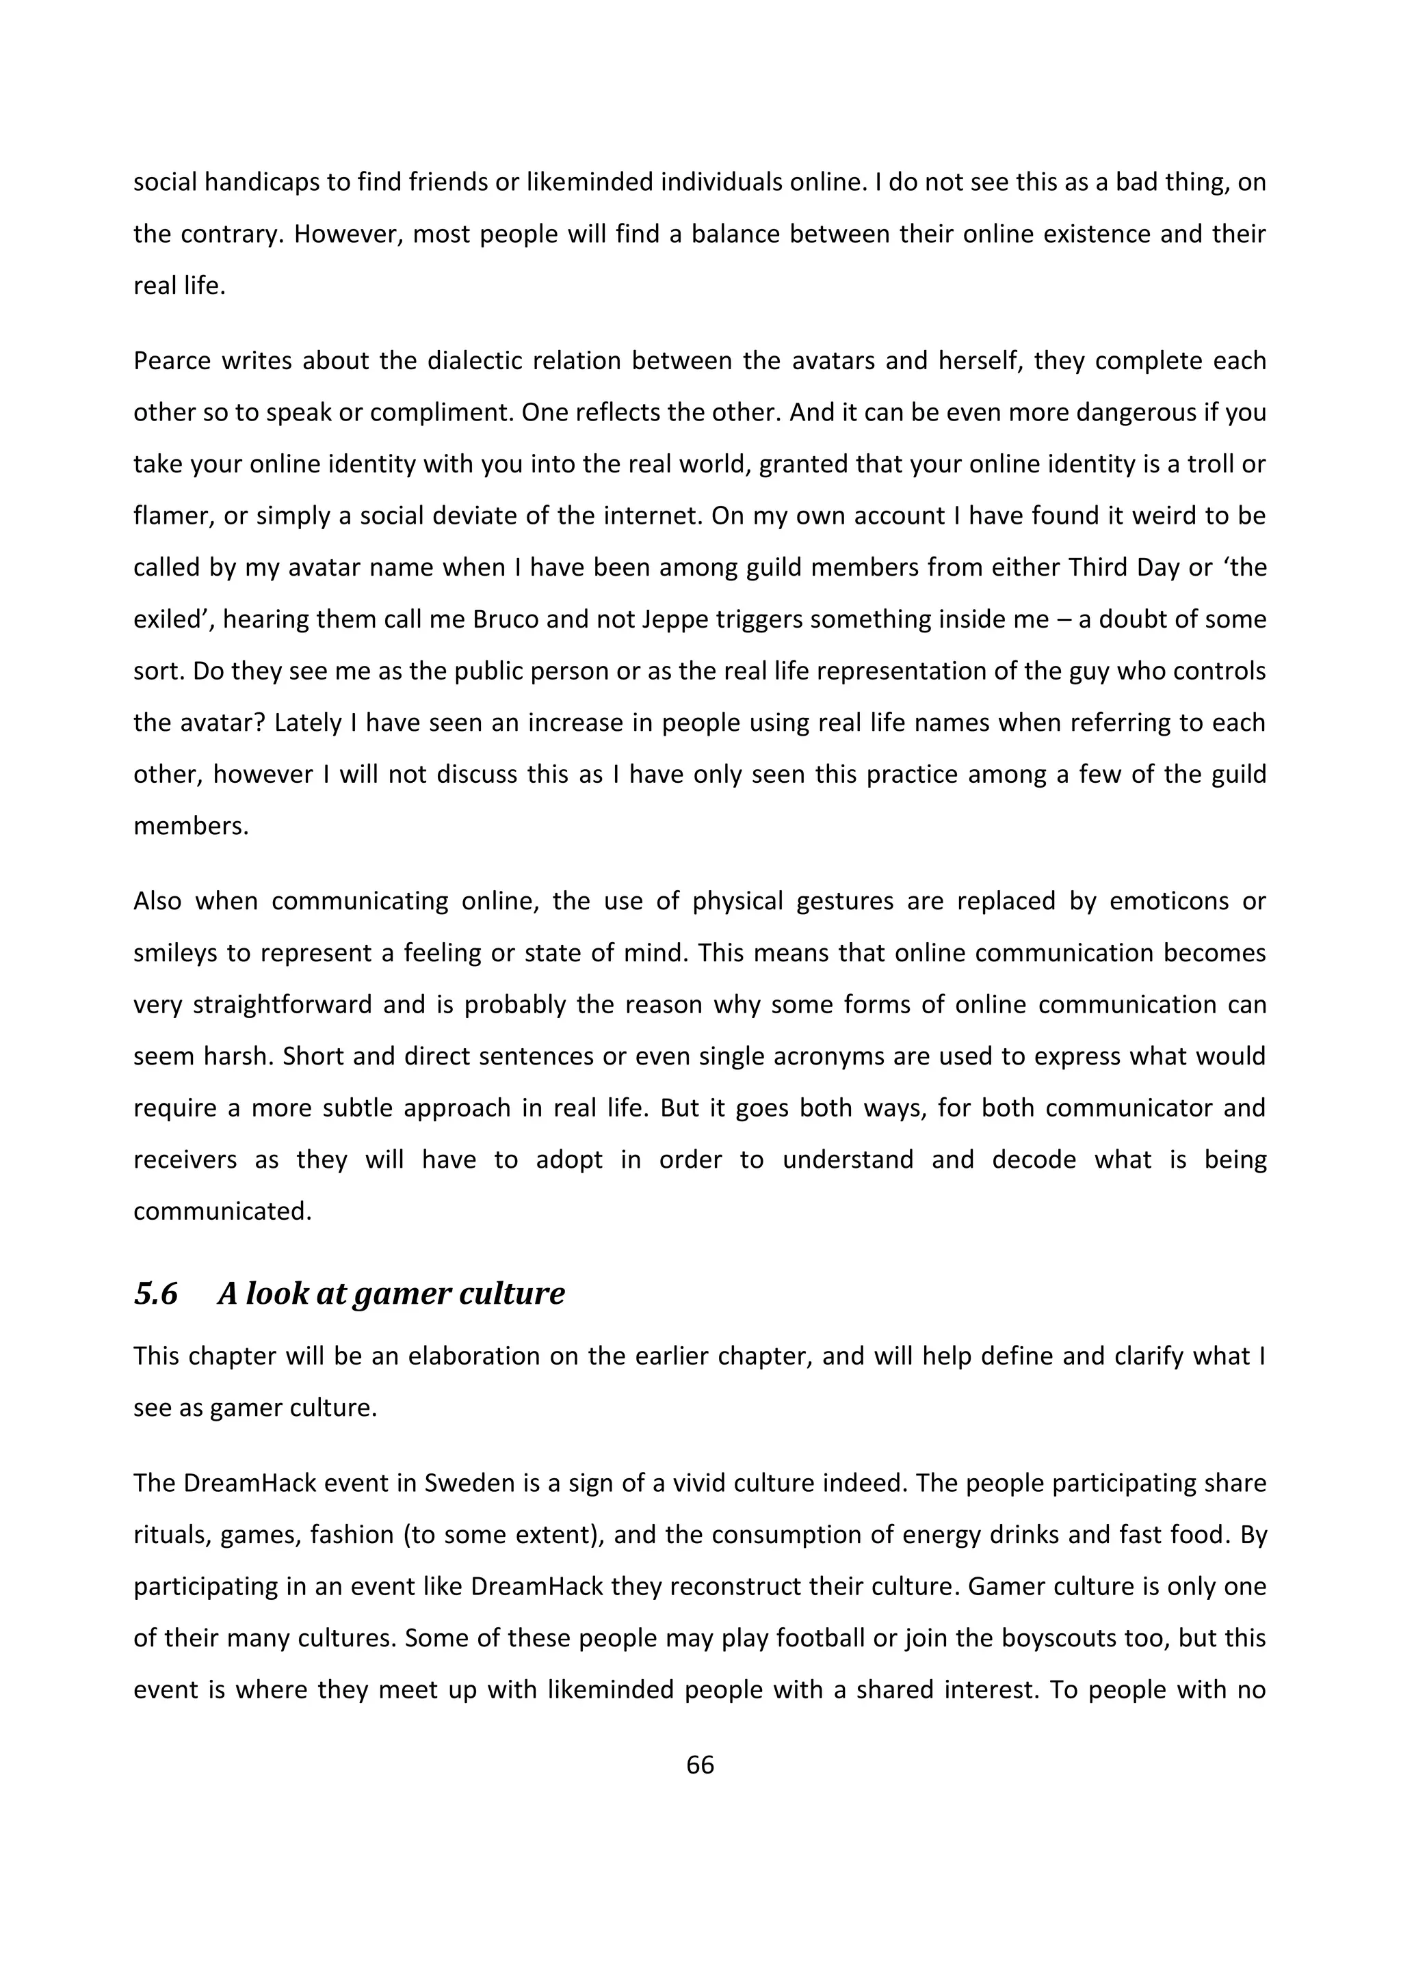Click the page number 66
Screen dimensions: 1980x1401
[700, 1765]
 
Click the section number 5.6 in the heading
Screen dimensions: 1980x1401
[155, 1294]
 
